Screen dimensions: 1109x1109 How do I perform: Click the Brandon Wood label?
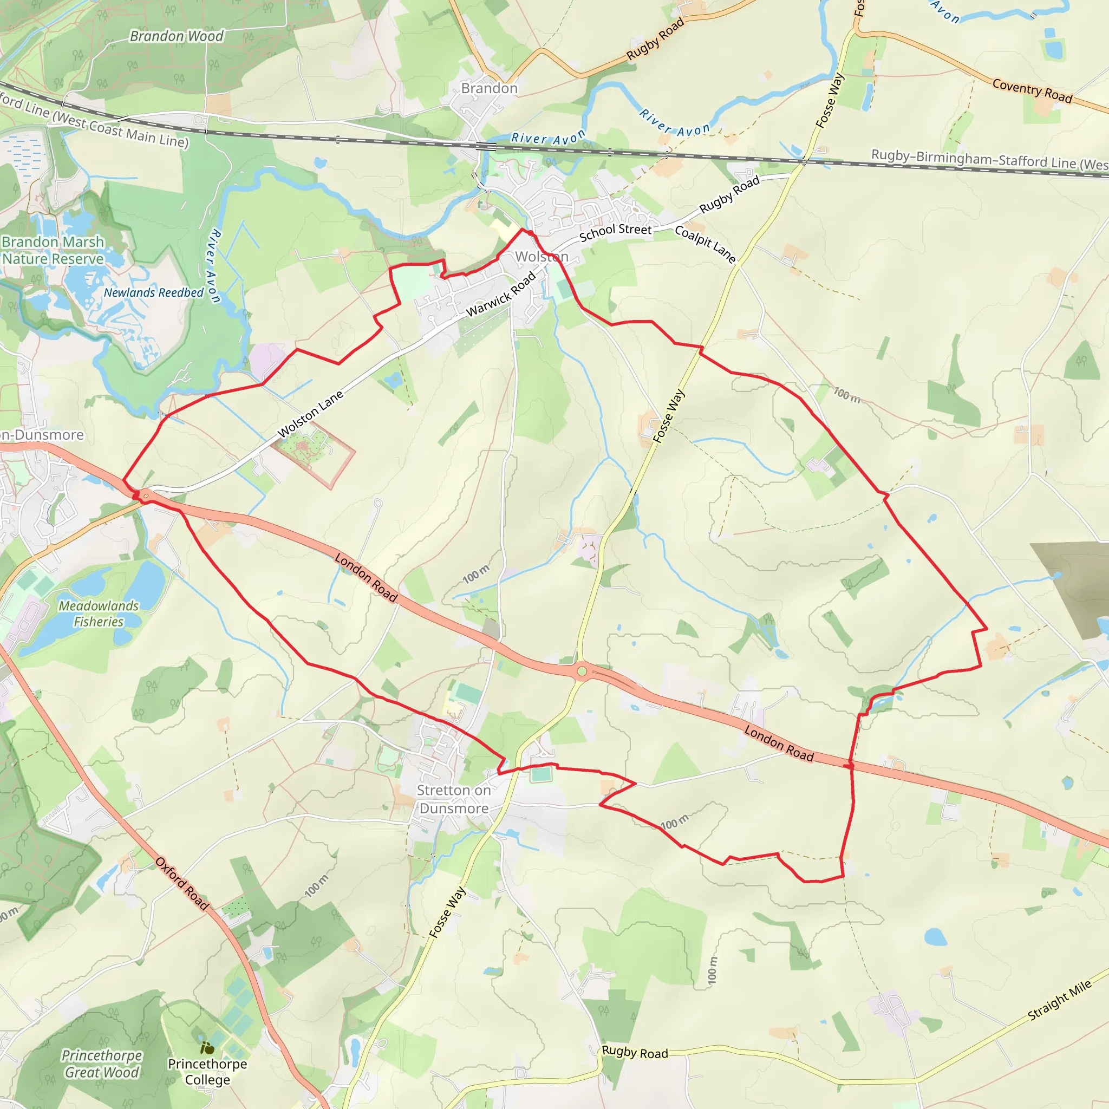point(176,36)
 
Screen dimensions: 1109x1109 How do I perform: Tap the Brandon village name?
point(489,88)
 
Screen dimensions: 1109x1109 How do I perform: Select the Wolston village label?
point(542,257)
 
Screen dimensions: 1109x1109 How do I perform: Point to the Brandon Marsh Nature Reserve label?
point(53,250)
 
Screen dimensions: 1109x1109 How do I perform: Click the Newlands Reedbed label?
point(153,293)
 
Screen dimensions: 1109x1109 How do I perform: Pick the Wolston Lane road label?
point(310,414)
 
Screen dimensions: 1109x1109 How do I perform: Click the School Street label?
point(615,232)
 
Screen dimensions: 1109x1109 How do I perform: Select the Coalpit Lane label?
point(705,244)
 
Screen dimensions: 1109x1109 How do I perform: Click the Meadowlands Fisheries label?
point(99,614)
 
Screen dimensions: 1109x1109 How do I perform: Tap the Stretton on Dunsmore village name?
point(453,799)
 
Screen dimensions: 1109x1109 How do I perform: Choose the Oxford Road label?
point(182,883)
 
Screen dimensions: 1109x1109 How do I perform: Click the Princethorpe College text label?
point(207,1072)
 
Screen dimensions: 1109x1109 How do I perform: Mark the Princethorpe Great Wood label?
point(102,1064)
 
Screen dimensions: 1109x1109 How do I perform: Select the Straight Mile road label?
point(1060,1001)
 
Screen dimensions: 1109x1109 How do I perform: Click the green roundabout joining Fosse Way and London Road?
point(582,671)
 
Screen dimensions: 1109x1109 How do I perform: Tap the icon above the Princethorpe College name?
point(207,1048)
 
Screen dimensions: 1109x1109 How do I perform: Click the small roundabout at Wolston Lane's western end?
point(146,495)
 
